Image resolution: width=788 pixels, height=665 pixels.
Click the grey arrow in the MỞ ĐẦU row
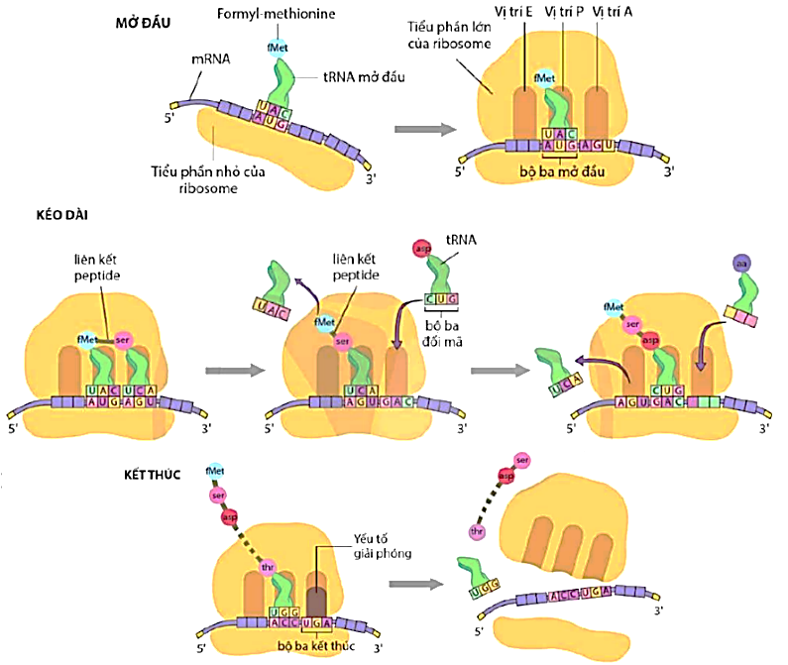(x=420, y=128)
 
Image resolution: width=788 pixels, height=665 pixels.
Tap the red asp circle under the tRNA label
(x=421, y=247)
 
